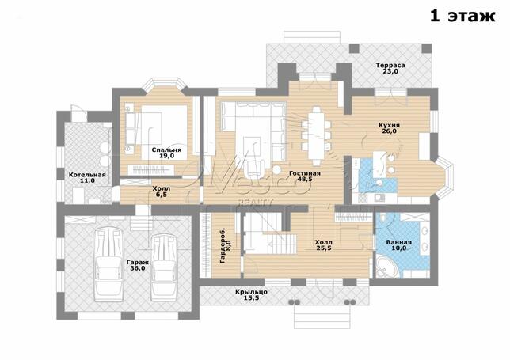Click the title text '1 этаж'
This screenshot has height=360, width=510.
click(x=462, y=16)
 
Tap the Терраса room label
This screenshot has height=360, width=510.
click(x=390, y=65)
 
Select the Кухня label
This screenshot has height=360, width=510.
click(x=389, y=125)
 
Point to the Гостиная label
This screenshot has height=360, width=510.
click(x=305, y=173)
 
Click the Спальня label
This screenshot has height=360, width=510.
click(x=166, y=150)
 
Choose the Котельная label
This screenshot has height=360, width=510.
click(x=87, y=175)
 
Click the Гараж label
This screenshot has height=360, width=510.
click(x=138, y=263)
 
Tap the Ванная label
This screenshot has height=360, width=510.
click(x=399, y=242)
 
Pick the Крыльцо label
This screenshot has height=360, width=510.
click(x=251, y=292)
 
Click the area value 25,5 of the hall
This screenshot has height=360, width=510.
click(x=324, y=248)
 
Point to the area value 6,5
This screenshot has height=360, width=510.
click(x=162, y=195)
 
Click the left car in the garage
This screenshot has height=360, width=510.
click(x=108, y=264)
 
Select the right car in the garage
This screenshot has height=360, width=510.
click(x=164, y=267)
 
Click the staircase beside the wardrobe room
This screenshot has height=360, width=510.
click(x=270, y=233)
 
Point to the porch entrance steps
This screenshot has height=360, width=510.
click(x=322, y=316)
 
